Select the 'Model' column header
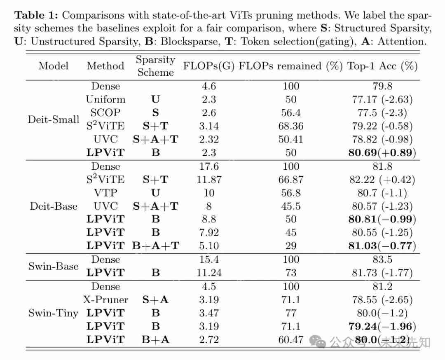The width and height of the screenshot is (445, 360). click(54, 66)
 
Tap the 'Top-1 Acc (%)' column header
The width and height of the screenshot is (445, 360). click(382, 66)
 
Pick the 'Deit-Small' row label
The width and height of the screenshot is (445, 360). click(54, 119)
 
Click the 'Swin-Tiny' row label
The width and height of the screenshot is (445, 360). click(53, 313)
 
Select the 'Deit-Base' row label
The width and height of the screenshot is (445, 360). click(54, 206)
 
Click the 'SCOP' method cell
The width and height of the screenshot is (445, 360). click(105, 113)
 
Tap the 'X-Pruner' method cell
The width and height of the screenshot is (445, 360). click(105, 300)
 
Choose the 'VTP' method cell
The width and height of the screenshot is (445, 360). click(105, 193)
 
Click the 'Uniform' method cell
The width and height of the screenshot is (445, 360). click(105, 99)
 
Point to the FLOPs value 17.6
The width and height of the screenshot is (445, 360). click(209, 166)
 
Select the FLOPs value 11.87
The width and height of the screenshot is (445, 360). click(209, 180)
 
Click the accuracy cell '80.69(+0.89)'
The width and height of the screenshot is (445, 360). click(382, 153)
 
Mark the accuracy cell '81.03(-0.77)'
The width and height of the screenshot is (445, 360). click(382, 246)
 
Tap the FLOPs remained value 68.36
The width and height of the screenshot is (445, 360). click(290, 126)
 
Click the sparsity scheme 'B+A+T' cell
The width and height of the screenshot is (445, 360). click(155, 246)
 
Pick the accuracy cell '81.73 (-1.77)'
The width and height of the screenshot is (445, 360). click(382, 273)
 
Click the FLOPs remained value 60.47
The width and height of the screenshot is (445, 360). click(290, 340)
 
